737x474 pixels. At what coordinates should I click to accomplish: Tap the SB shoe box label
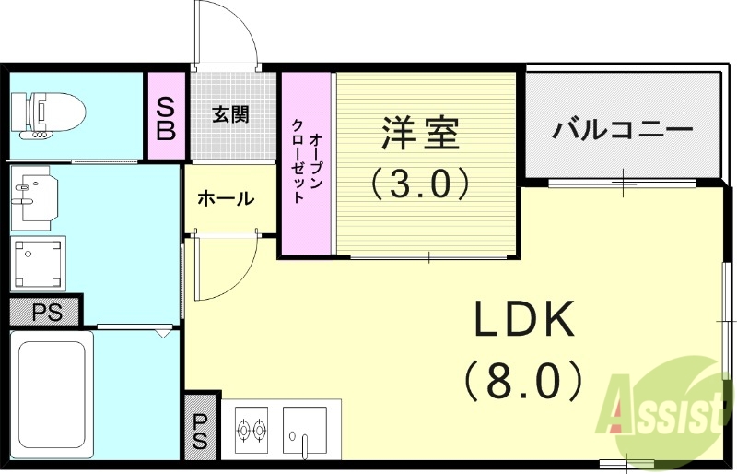pyautogui.click(x=166, y=116)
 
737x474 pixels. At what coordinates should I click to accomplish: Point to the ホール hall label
pyautogui.click(x=227, y=197)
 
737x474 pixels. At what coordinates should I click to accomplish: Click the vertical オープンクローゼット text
pyautogui.click(x=306, y=162)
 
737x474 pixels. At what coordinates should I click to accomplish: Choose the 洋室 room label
pyautogui.click(x=420, y=135)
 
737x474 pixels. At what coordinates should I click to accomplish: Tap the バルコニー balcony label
pyautogui.click(x=622, y=129)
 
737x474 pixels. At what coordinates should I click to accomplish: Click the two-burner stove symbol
pyautogui.click(x=252, y=429)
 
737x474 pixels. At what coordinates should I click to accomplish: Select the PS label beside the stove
pyautogui.click(x=201, y=429)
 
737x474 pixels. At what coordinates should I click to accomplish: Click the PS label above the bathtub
pyautogui.click(x=46, y=312)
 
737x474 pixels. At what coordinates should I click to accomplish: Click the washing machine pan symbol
pyautogui.click(x=39, y=262)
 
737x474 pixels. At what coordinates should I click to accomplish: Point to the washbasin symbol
pyautogui.click(x=35, y=196)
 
